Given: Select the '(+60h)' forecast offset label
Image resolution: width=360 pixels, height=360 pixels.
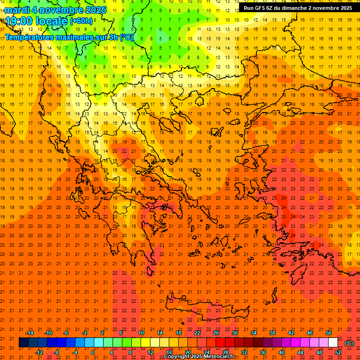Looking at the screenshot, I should (81, 21).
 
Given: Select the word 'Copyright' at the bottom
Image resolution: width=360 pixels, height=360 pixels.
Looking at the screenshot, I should (177, 357).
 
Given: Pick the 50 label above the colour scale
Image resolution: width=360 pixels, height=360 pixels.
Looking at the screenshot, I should (329, 333).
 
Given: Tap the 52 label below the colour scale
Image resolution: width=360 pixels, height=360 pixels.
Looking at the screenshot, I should (338, 352).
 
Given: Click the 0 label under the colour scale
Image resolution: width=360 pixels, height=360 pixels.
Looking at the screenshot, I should (93, 352).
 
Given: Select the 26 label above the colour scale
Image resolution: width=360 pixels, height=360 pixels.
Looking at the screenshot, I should (216, 333).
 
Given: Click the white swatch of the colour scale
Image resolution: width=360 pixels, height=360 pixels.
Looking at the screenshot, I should (333, 342).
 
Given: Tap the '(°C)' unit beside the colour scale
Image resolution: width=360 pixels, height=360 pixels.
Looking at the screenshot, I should (349, 343).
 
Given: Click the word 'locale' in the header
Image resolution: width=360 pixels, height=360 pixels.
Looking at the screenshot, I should (51, 21).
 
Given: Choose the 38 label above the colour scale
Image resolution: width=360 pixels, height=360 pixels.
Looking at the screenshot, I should (272, 333).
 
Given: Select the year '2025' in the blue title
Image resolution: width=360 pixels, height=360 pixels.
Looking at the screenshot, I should (94, 10).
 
